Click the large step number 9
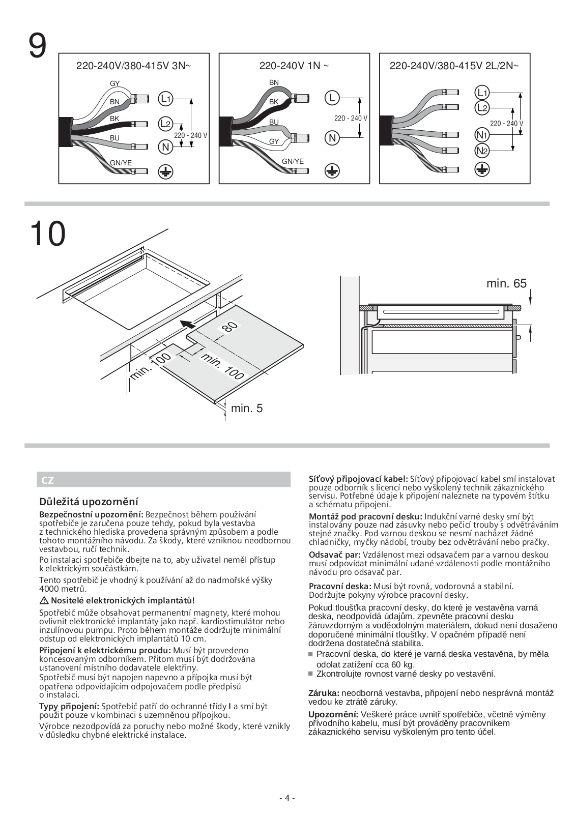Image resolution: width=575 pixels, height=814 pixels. pos(38,46)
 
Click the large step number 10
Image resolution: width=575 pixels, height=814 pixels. pos(47,234)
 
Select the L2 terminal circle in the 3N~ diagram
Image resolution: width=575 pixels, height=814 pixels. pos(165,124)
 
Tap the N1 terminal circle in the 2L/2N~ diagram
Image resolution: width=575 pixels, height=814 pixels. pos(482,135)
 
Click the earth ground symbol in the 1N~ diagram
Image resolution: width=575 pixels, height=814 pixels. pos(332,171)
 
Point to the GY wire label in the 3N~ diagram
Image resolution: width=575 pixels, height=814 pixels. pos(115,83)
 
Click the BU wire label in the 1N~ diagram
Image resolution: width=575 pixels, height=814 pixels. pos(274,122)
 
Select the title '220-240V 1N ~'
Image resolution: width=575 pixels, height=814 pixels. pos(294,66)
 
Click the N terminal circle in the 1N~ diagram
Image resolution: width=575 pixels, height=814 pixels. pos(332,138)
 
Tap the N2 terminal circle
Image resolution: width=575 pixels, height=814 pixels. pos(482,151)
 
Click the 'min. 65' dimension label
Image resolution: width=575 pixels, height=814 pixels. pos(506,284)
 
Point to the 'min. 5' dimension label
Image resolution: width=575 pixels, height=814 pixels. pos(247,408)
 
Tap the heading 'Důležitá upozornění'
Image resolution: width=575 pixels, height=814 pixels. pos(89,502)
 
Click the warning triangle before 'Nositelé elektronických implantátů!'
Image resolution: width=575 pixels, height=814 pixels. pos(43,601)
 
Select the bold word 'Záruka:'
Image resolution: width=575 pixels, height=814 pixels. pos(324,693)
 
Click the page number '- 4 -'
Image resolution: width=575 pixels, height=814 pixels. pos(287,798)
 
